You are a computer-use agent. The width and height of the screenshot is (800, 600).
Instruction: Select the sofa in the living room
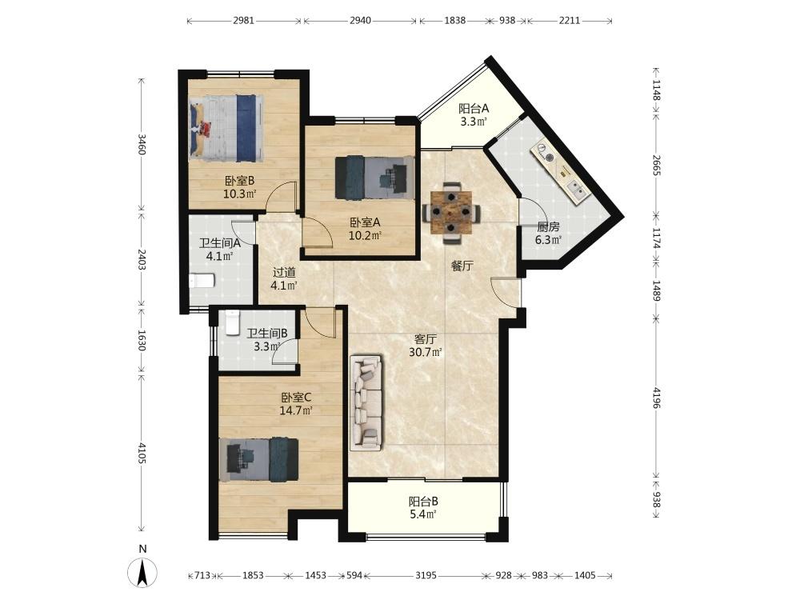coord(366,403)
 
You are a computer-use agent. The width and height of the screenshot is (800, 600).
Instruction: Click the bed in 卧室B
coord(227,127)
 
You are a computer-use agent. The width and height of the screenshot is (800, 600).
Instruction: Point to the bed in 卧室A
coord(374,177)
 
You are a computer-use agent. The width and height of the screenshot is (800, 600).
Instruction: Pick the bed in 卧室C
coord(259,459)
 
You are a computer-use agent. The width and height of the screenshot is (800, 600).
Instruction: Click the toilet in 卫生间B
coord(232,322)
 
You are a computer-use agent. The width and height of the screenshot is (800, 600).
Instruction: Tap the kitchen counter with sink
coord(560,174)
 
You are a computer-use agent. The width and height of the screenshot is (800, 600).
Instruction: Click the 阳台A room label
coord(474,108)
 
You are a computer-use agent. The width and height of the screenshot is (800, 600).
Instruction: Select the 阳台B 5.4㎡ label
coord(423,508)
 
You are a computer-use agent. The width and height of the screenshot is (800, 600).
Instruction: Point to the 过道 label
coord(284,273)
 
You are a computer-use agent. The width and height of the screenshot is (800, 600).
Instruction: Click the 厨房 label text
coord(548,227)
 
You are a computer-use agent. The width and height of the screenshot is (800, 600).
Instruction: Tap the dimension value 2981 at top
coord(243,21)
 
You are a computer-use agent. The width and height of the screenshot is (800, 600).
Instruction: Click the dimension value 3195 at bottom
coord(426,575)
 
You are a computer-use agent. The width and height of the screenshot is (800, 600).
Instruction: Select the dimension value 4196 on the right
coord(657,398)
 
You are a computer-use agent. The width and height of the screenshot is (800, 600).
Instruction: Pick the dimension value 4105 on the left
coord(142,453)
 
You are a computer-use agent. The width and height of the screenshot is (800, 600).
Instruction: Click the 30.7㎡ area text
coord(425,352)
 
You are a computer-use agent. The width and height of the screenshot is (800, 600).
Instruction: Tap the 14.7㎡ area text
coord(296,410)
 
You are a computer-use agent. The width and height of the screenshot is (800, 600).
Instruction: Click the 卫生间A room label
coord(219,244)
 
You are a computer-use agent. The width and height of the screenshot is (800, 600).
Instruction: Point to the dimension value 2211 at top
coord(570,21)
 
